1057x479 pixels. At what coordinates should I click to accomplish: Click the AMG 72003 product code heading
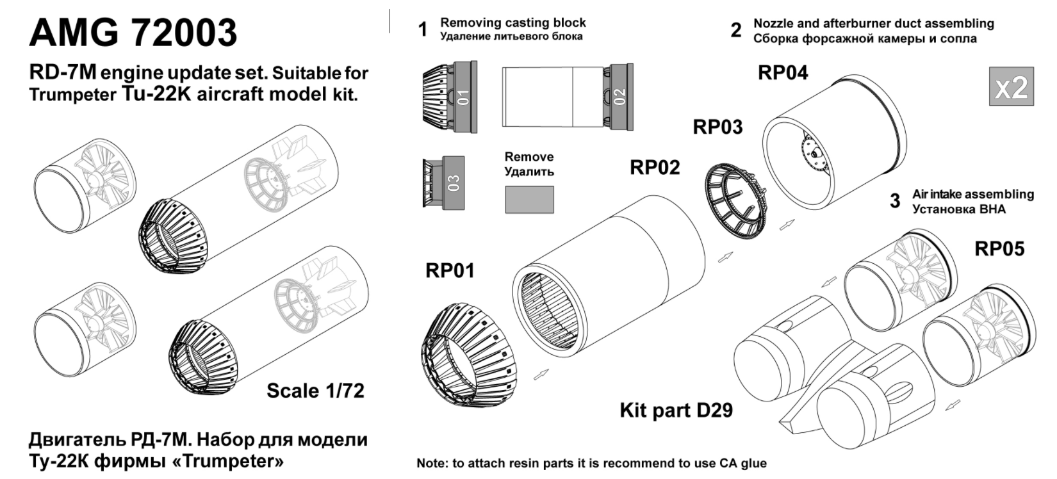[x=133, y=33]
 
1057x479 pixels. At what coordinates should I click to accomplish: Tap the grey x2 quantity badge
[x=1011, y=86]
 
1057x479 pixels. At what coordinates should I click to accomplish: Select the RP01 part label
[x=450, y=271]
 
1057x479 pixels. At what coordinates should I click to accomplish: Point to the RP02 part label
[x=655, y=167]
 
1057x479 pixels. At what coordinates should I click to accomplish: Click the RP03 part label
[x=717, y=127]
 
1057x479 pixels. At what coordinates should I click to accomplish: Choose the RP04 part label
[x=783, y=72]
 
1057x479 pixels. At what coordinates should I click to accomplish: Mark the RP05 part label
[x=999, y=248]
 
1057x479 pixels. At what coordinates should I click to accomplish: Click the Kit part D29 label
[x=676, y=410]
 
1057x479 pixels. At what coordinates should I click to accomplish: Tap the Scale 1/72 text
[x=315, y=391]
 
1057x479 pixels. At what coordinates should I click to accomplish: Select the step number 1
[x=422, y=30]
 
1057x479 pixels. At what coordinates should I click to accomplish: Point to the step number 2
[x=736, y=30]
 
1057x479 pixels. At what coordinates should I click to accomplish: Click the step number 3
[x=895, y=201]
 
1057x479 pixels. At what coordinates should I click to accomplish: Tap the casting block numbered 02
[x=619, y=97]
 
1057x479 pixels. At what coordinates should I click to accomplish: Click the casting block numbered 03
[x=453, y=183]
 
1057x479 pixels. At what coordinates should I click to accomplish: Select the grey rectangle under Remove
[x=529, y=200]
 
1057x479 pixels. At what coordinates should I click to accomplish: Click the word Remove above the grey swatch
[x=528, y=157]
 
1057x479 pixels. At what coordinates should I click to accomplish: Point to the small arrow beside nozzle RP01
[x=541, y=375]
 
